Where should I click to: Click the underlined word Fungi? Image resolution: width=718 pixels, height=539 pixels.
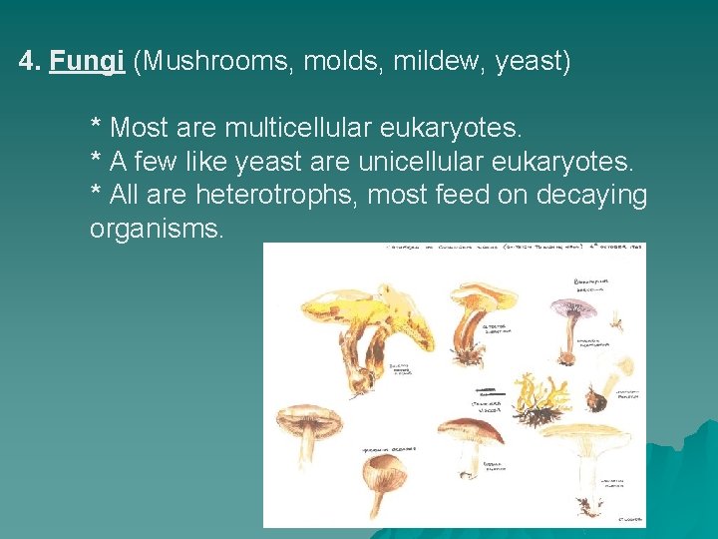pyautogui.click(x=87, y=63)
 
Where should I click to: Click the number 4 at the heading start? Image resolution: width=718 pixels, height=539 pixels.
pyautogui.click(x=27, y=63)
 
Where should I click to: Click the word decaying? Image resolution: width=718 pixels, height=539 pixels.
pyautogui.click(x=591, y=195)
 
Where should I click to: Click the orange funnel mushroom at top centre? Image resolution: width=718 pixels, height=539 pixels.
pyautogui.click(x=481, y=299)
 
